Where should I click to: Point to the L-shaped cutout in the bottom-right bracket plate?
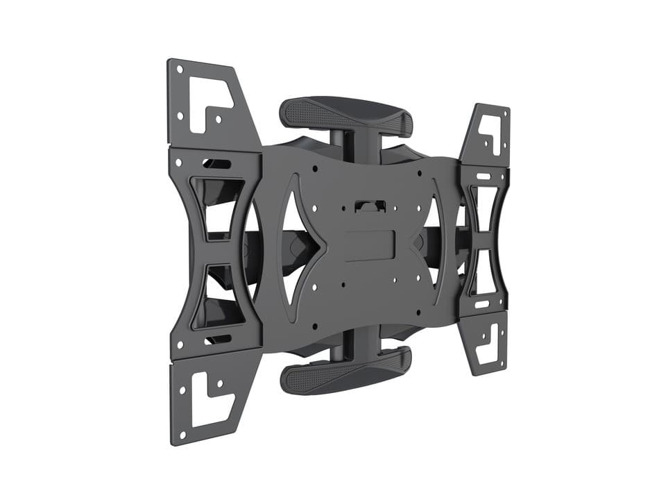pyautogui.click(x=490, y=340)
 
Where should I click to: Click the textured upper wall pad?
pyautogui.click(x=345, y=114)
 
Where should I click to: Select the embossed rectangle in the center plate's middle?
pyautogui.click(x=370, y=245)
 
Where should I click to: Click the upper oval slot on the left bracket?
pyautogui.click(x=217, y=164)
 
